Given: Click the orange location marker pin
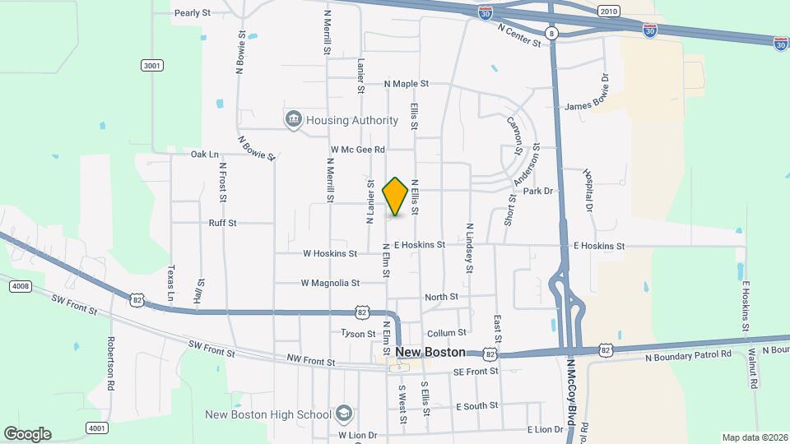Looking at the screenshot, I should (x=396, y=197).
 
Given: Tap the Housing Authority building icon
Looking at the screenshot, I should (x=294, y=120).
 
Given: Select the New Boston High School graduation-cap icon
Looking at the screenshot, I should (x=344, y=414).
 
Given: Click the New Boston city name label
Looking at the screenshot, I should (x=430, y=352).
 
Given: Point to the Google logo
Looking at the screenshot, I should (x=27, y=434).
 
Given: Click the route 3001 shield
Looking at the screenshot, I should (x=151, y=65).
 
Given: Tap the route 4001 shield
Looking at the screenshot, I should (x=97, y=428).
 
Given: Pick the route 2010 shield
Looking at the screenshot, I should (x=608, y=12).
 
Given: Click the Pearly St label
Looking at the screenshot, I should (x=193, y=13).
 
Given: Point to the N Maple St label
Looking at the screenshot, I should (x=407, y=84).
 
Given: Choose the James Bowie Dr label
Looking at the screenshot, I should (x=597, y=106).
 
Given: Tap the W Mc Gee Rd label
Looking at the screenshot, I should (x=358, y=150).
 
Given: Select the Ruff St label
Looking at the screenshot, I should (x=222, y=223).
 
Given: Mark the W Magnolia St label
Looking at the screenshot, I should (x=330, y=283).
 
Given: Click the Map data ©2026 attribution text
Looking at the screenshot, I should (x=754, y=437).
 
